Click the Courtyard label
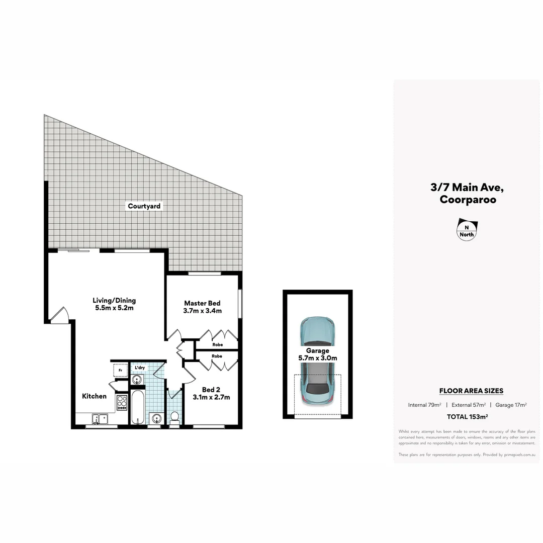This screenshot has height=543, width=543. (144, 206)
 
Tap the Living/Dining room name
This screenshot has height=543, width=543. (114, 301)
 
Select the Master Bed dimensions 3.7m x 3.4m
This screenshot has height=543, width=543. (202, 311)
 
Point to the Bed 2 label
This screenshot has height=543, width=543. (211, 390)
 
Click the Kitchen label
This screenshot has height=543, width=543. (95, 396)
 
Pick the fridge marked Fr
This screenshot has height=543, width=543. (120, 371)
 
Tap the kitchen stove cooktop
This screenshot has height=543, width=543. (122, 401)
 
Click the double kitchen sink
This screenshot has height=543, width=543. (100, 418)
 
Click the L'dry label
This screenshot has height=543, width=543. (140, 368)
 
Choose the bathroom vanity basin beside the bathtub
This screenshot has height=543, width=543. (156, 418)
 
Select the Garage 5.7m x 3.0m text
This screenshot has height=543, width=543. (317, 354)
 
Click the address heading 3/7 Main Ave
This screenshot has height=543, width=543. (467, 188)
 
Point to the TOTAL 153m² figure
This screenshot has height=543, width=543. (467, 416)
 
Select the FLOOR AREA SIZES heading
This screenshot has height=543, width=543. (471, 391)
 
